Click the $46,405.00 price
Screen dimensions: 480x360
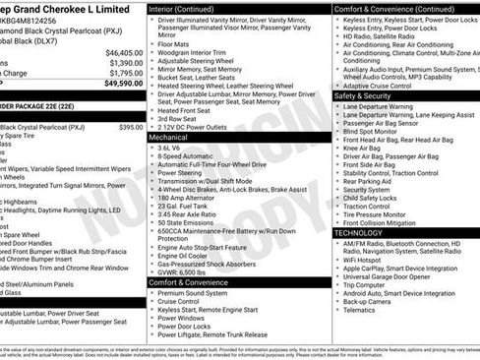pyautogui.click(x=124, y=52)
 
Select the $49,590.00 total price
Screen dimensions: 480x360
pyautogui.click(x=124, y=84)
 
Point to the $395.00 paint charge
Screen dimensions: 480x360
pyautogui.click(x=131, y=127)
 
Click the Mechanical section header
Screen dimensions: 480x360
pyautogui.click(x=168, y=139)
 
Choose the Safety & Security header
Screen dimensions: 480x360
pyautogui.click(x=363, y=96)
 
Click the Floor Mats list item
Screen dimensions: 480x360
pyautogui.click(x=174, y=44)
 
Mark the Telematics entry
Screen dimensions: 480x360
pyautogui.click(x=359, y=310)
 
